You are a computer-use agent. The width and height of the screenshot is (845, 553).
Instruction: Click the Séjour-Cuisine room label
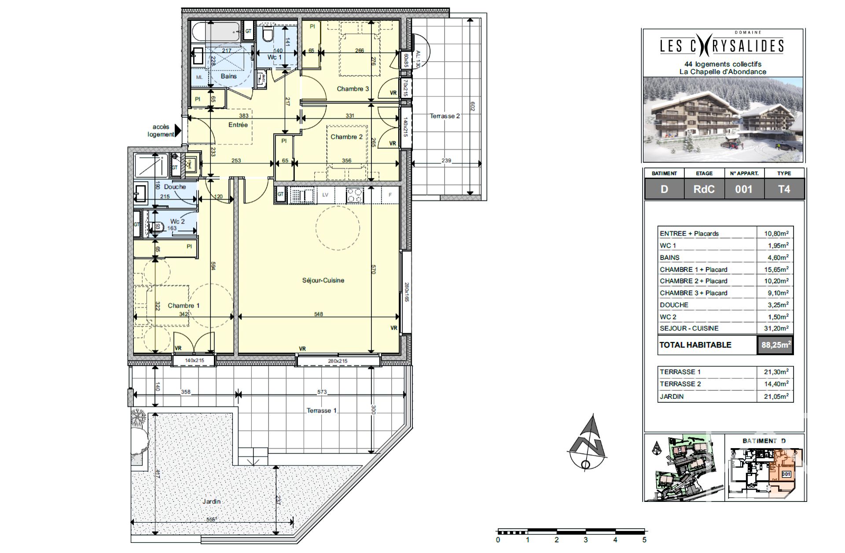[x=323, y=280]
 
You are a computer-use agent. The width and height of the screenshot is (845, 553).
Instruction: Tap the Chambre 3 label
[x=353, y=89]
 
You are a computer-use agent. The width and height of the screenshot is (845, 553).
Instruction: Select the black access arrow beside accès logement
[x=178, y=131]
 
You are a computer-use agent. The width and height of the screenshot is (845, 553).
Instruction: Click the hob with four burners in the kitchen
[x=355, y=195]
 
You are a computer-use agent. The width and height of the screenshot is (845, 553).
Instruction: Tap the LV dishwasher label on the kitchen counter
[x=325, y=195]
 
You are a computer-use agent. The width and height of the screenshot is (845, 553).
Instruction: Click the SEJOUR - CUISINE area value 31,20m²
[x=776, y=328]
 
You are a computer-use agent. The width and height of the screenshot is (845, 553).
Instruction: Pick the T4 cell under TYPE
[x=784, y=189]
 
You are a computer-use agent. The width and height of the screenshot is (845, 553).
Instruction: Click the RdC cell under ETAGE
[x=704, y=189]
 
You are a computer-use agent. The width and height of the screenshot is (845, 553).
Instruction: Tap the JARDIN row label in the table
[x=672, y=397]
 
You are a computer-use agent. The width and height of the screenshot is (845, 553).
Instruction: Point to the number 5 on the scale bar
[x=644, y=540]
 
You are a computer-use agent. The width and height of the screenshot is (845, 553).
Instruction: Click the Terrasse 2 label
[x=445, y=116]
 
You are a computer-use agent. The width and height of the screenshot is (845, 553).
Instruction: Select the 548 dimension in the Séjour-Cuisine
[x=318, y=314]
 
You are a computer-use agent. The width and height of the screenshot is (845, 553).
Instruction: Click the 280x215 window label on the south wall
[x=338, y=361]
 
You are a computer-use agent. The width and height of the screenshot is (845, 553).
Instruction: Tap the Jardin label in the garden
[x=211, y=501]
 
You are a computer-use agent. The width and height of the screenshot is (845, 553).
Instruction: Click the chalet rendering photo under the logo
[x=723, y=119]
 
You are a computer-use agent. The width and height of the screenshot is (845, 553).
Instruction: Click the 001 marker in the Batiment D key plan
[x=786, y=474]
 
